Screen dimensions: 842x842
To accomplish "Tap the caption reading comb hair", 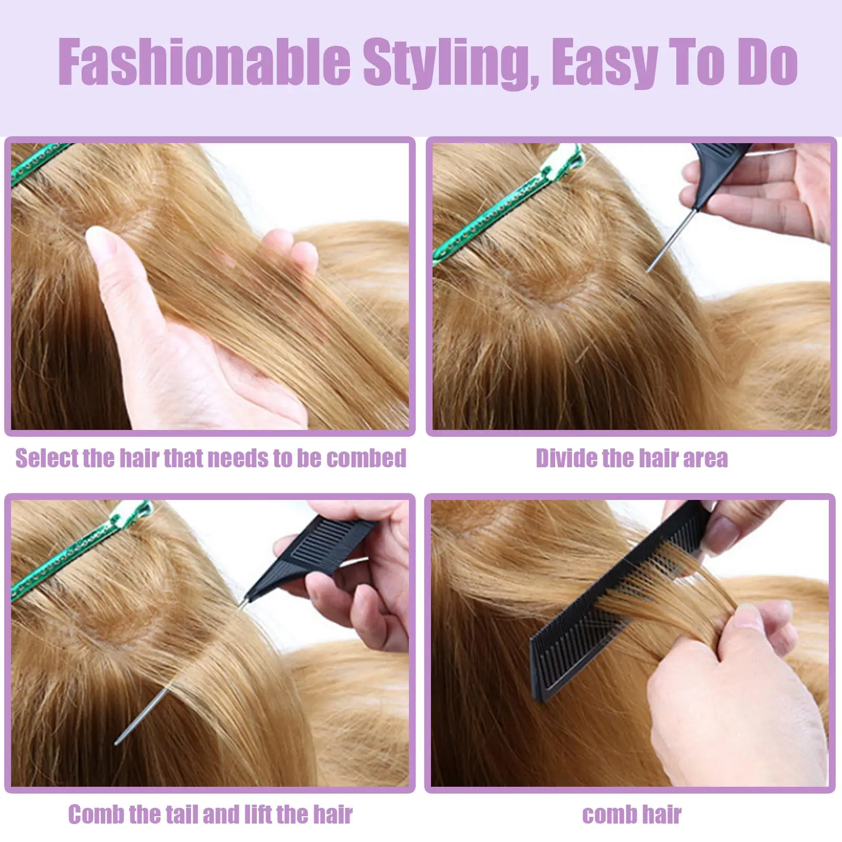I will (631, 815).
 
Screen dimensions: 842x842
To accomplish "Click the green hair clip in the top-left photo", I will (37, 163).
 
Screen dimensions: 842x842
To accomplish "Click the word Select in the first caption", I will (46, 458).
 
